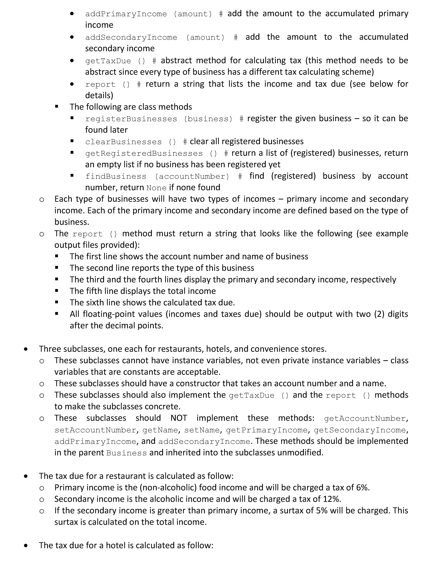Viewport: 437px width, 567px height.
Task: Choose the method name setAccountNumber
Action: [x=95, y=430]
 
